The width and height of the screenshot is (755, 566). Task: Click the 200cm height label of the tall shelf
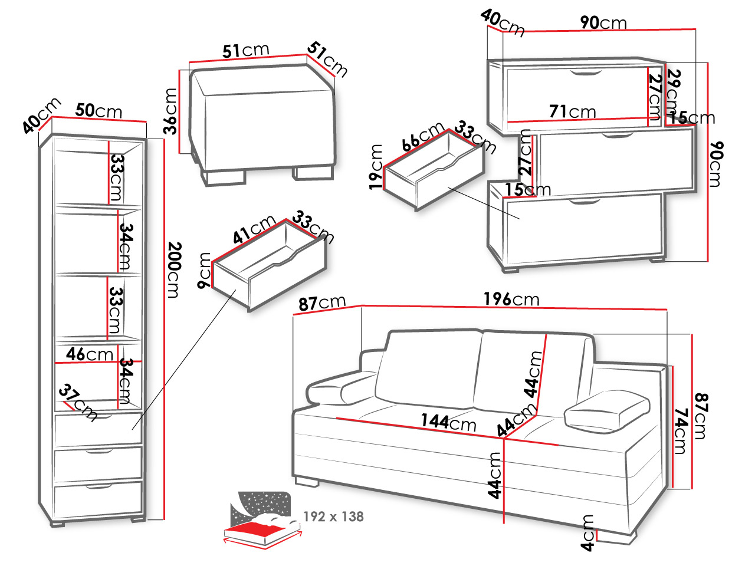[175, 270]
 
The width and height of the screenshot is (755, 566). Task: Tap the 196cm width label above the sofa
[511, 299]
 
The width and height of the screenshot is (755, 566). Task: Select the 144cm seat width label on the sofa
[448, 422]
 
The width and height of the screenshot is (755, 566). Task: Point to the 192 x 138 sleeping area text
[333, 516]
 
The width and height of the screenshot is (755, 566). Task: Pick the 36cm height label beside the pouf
[170, 111]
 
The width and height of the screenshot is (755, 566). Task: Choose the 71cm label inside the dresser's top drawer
[572, 111]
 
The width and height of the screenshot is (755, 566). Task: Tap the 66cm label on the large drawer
[424, 136]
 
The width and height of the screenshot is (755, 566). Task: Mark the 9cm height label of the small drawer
[204, 270]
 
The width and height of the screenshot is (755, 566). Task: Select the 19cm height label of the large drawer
[376, 167]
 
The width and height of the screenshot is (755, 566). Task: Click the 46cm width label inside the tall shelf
[90, 354]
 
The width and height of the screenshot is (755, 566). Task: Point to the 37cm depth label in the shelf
[78, 402]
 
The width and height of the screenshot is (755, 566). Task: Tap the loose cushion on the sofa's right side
[607, 411]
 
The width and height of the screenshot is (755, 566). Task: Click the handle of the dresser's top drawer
[586, 73]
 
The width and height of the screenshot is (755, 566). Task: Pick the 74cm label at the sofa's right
[680, 431]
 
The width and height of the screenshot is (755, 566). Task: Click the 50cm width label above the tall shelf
[99, 111]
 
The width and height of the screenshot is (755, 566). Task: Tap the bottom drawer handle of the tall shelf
[99, 486]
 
